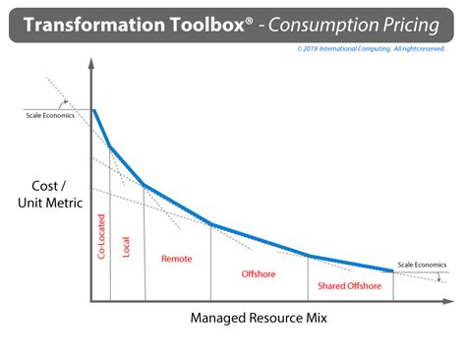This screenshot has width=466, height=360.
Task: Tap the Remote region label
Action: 176,259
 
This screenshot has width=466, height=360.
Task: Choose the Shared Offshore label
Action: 349,285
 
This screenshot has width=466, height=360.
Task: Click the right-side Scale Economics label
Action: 422,266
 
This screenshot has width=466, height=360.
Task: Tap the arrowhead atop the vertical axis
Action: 91,62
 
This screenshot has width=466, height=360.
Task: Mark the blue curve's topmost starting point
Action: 94,109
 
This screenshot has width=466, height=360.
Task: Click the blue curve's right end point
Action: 393,270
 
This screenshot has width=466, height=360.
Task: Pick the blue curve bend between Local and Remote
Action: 144,185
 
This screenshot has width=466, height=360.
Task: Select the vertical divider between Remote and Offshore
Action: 210,262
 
